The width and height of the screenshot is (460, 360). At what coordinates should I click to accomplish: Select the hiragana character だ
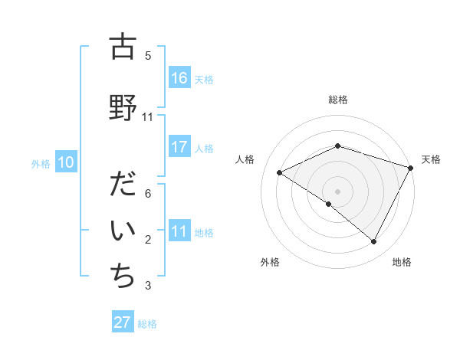point(122,185)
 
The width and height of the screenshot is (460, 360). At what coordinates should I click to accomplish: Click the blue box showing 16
point(179,78)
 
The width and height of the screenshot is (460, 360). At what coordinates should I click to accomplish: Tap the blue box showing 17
point(179,147)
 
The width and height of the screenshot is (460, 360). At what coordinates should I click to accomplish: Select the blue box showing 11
point(179,231)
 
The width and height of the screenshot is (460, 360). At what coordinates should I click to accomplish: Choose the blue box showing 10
point(66,162)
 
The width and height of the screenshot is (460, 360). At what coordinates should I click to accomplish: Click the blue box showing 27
point(123,322)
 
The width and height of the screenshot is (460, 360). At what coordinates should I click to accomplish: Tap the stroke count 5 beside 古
point(148,56)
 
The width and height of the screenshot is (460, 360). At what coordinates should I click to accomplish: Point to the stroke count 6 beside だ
point(148,194)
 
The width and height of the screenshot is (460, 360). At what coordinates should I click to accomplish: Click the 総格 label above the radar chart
point(337,100)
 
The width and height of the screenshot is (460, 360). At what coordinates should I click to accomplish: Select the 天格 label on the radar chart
point(431,159)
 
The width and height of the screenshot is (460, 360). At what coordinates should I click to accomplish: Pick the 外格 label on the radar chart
point(270,262)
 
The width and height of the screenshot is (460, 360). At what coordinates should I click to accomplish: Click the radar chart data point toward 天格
point(411,168)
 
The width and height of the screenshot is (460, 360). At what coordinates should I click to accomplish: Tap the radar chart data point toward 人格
point(280,173)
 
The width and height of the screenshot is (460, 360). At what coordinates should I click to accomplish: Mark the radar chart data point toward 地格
point(374,242)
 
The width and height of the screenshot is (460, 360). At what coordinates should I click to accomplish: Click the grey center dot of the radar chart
point(337,191)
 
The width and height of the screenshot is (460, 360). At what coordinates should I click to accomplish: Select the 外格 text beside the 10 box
point(40,163)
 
